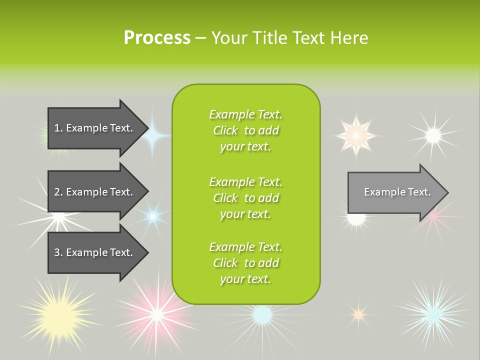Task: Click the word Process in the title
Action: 157,37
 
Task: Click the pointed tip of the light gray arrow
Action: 447,192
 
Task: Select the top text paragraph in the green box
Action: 245,130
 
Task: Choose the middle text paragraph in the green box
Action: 245,198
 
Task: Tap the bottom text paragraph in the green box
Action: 245,263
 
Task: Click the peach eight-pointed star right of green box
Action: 355,135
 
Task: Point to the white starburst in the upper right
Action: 433,134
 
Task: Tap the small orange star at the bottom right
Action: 358,314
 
